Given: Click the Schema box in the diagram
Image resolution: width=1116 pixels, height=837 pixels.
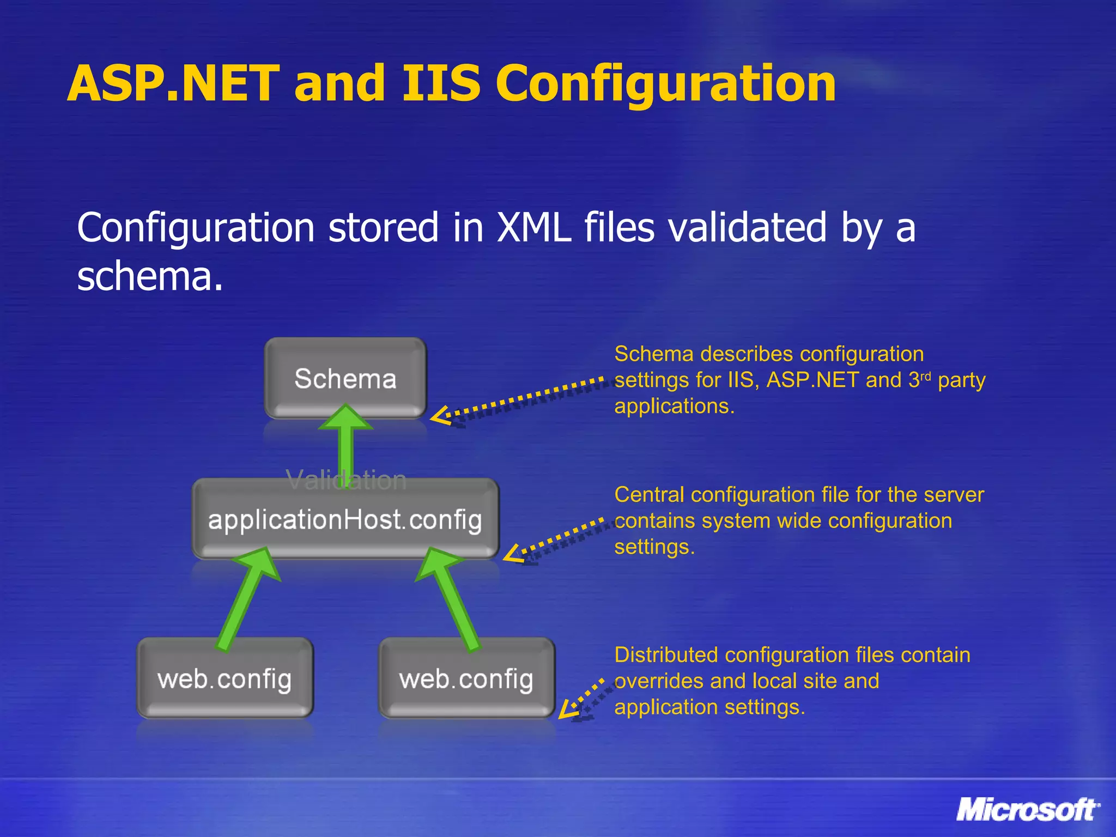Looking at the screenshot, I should click(345, 378).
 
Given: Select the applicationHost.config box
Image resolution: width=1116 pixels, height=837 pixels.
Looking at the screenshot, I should click(345, 519).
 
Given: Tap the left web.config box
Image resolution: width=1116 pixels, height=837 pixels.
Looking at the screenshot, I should click(225, 679).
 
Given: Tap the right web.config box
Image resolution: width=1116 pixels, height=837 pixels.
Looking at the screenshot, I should click(466, 679).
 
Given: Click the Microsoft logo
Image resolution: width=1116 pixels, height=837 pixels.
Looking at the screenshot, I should click(1027, 810).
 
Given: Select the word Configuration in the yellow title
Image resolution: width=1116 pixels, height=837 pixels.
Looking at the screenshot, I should click(665, 84).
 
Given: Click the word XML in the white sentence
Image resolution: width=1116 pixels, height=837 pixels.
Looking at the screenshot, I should click(534, 227).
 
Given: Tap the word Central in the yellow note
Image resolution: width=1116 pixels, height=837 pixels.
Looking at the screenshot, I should click(649, 495).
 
